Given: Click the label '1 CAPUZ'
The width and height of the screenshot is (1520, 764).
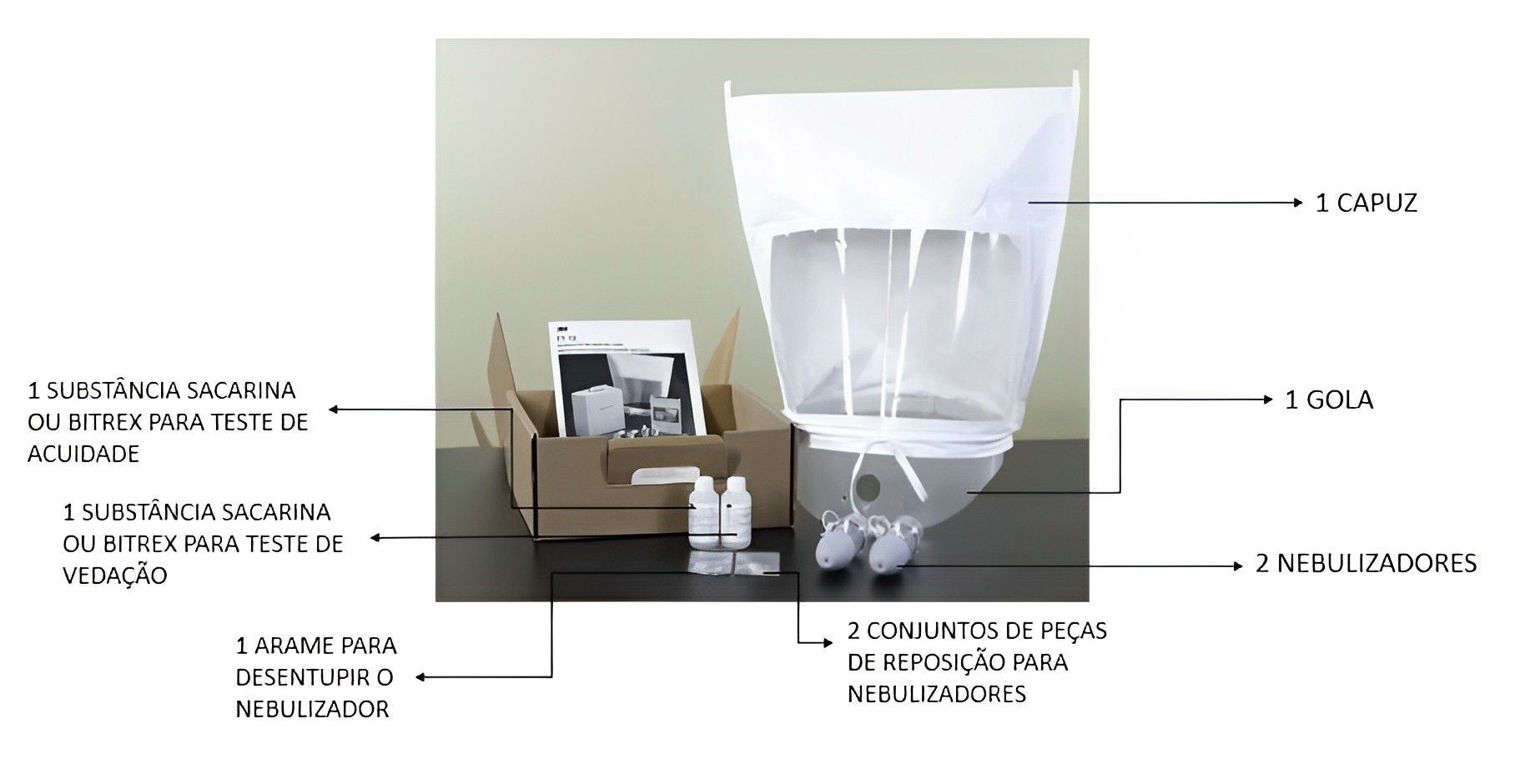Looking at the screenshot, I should point(1366,203).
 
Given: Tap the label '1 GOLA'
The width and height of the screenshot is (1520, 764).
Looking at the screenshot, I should point(1328,400).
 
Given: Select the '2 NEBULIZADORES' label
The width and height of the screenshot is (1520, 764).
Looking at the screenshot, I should point(1366,563).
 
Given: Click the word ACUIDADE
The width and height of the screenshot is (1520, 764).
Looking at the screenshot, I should point(83,454).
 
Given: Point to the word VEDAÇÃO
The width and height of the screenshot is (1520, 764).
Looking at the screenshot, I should point(115,576).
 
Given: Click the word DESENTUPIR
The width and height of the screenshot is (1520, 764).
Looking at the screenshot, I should point(315,677).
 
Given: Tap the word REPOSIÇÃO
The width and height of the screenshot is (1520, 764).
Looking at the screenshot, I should point(925,662).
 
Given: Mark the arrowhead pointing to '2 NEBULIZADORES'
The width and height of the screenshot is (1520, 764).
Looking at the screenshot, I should point(1238,565).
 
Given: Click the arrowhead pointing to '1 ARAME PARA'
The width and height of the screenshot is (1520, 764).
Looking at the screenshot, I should point(421,677).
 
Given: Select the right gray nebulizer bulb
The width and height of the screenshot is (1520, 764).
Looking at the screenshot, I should point(888,551).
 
